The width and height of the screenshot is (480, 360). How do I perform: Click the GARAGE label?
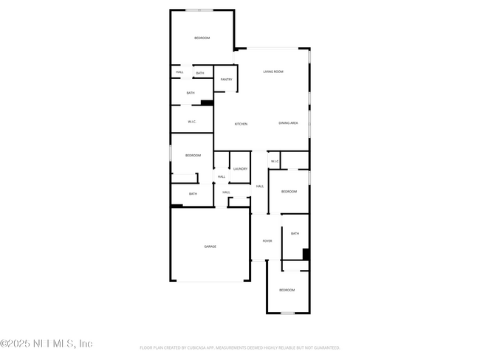pos(210,246)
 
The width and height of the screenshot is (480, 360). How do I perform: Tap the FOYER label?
pos(267,240)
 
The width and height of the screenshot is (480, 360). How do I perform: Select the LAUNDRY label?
pos(240,169)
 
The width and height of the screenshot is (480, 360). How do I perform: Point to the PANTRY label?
pos(226,79)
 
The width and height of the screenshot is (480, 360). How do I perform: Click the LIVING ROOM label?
pos(274,72)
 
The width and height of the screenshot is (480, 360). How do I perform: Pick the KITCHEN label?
pos(241,124)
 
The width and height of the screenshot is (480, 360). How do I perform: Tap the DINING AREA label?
pos(289,123)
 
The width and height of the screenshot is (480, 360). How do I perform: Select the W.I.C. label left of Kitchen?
pos(191,122)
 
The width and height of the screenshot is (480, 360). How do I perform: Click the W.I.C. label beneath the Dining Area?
pos(274,161)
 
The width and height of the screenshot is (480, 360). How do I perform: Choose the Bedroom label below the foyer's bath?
pos(287,290)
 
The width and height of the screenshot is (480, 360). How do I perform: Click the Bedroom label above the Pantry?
pos(202,38)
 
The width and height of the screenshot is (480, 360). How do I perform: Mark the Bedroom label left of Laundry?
pos(193,155)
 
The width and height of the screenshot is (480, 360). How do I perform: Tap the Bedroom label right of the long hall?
pos(289,191)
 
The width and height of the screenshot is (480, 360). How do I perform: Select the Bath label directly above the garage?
pos(193,194)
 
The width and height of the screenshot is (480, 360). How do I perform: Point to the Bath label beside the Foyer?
pos(295,234)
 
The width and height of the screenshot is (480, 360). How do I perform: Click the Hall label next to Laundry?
pos(222,177)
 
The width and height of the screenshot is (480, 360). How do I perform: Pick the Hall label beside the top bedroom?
pos(179,72)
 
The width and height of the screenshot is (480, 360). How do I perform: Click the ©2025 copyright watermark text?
pos(46,344)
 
